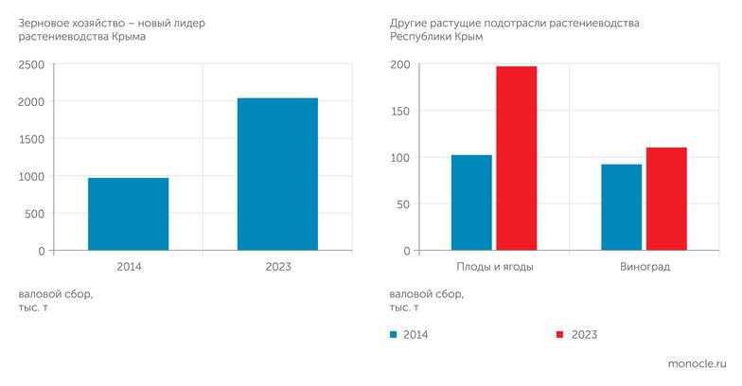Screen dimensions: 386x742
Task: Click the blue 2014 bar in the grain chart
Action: point(129,214)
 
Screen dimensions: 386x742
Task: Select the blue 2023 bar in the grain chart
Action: point(277,174)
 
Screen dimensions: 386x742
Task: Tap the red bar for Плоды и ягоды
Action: point(516,158)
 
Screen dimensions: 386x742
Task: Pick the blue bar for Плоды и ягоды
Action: point(471,202)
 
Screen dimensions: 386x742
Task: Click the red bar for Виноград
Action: point(666,199)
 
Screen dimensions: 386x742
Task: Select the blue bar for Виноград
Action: point(622,207)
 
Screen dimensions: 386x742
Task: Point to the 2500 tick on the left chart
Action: point(31,64)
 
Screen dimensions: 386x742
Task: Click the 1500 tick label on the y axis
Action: point(31,139)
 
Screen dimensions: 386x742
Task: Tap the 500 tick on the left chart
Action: point(34,214)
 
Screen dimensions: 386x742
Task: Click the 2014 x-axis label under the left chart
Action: point(129,267)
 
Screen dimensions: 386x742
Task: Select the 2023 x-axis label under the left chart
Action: point(277,267)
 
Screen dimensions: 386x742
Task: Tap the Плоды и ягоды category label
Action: point(494,267)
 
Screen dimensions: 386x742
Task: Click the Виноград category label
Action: point(645,267)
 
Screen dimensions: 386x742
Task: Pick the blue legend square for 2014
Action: point(394,335)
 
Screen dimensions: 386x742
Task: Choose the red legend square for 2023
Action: point(559,335)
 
